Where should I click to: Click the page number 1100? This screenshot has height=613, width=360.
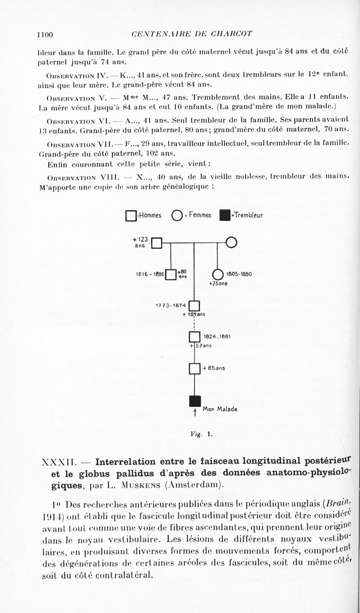coord(45,35)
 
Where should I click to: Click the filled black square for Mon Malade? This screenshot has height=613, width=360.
coord(194,401)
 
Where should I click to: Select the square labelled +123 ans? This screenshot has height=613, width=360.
coord(157,243)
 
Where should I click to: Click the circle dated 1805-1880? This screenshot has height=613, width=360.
coord(217,274)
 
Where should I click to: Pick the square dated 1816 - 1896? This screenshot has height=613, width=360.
coord(171,274)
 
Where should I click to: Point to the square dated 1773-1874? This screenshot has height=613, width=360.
coord(194,306)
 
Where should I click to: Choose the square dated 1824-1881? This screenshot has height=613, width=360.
coord(194,337)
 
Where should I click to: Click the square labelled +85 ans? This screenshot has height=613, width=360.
coord(194,369)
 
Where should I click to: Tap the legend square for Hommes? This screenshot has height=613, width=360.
coord(131,216)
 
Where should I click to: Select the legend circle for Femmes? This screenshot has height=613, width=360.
coord(176,216)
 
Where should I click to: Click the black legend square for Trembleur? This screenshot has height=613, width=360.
coord(225,216)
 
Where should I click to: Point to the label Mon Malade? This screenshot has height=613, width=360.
coord(220,409)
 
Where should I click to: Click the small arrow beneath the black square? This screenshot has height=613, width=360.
coord(194,412)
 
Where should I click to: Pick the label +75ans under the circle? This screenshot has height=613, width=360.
coord(218,284)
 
